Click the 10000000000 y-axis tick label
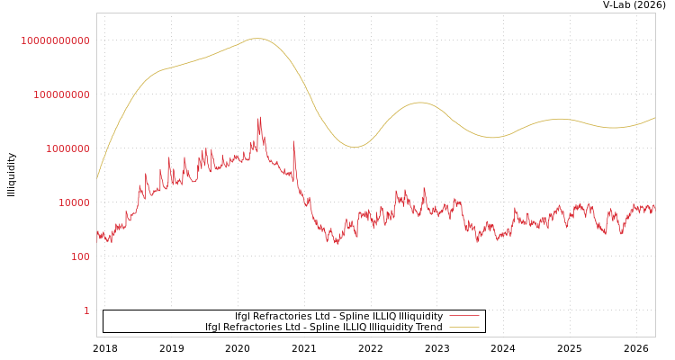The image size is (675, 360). coord(56,40)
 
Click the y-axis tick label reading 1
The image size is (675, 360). coord(86,310)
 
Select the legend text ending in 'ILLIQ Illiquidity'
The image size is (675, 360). coord(338,316)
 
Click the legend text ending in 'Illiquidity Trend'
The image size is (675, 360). coord(324,327)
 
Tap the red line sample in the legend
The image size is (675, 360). coord(463,316)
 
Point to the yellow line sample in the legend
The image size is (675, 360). coord(463,327)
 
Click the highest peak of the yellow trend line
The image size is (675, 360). coord(257,38)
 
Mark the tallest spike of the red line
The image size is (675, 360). coord(260,117)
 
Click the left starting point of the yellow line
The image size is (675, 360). coord(97,178)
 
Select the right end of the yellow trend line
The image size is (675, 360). coord(654,117)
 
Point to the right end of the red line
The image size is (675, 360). coord(654,207)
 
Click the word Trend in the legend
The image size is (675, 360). coord(427,327)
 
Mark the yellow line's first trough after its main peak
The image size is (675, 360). coord(355,147)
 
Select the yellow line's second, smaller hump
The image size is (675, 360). coord(419,103)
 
